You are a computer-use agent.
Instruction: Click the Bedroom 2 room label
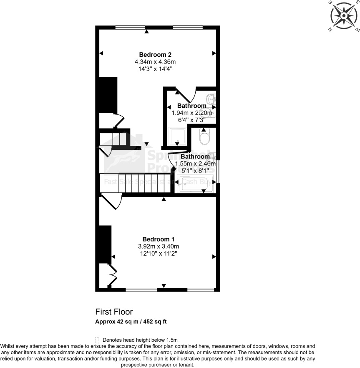click(x=156, y=55)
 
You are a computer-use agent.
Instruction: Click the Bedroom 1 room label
click(x=156, y=239)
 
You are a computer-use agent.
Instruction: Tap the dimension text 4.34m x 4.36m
click(x=156, y=62)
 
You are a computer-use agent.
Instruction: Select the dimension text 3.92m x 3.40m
click(x=156, y=246)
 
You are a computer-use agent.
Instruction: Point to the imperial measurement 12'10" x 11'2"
click(x=156, y=253)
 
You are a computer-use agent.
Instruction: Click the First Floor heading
click(x=114, y=312)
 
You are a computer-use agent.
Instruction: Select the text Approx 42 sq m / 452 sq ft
click(x=131, y=321)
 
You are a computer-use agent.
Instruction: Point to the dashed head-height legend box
click(x=97, y=340)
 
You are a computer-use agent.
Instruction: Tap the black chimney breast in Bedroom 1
click(x=105, y=244)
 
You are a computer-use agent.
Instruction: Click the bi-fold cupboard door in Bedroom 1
click(x=113, y=274)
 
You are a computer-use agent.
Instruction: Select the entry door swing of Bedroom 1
click(x=112, y=203)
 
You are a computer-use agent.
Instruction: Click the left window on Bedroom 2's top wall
click(x=127, y=28)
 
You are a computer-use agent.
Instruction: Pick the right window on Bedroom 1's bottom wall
click(x=201, y=289)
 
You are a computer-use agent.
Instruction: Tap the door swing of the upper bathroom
click(x=186, y=95)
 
